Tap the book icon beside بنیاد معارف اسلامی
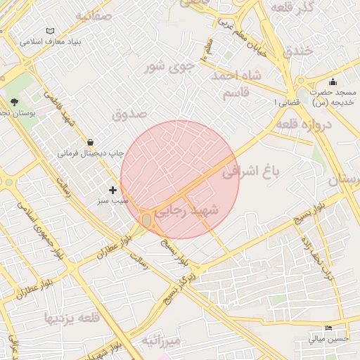click(50, 31)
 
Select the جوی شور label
click(168, 67)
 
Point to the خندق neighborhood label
click(298, 50)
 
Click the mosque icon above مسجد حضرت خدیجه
click(332, 82)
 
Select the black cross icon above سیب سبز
click(112, 190)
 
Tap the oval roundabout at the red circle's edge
click(146, 221)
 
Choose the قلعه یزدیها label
click(72, 317)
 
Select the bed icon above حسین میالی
click(328, 328)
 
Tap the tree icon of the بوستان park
click(14, 102)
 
